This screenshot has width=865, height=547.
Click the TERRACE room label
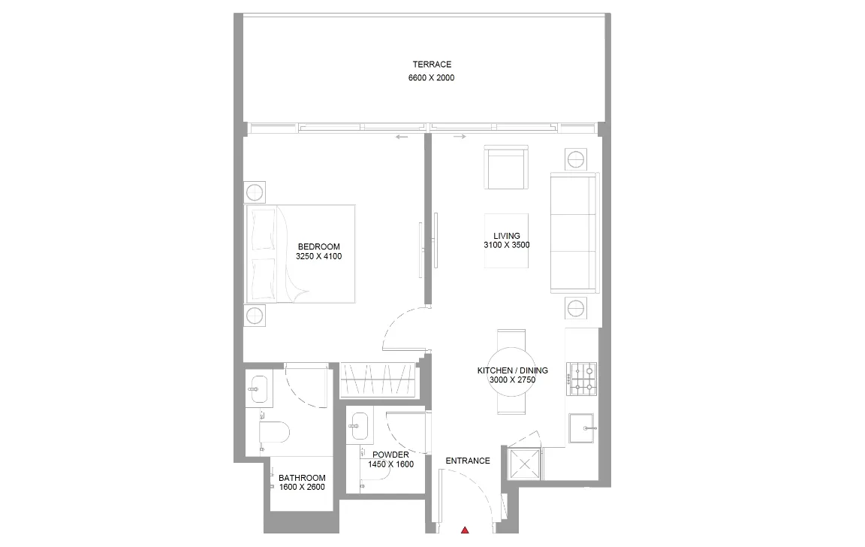[x=432, y=65]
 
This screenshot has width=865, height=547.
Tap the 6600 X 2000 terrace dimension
[x=432, y=78]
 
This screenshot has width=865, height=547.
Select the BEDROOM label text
[x=319, y=246]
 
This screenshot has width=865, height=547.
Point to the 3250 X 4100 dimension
[x=319, y=256]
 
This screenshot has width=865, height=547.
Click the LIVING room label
[x=507, y=236]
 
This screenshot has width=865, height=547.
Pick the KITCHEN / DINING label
[x=513, y=370]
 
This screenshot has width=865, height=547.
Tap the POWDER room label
[x=390, y=455]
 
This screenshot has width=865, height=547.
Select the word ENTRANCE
[x=468, y=461]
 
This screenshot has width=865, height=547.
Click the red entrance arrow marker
[x=466, y=530]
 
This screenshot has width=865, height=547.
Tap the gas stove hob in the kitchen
[x=583, y=379]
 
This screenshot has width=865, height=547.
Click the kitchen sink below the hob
[x=583, y=428]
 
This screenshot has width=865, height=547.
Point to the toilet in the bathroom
[x=273, y=433]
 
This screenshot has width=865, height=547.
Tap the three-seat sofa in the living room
[x=574, y=232]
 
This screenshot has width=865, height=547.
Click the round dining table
[x=513, y=370]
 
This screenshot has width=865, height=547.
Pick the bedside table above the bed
[x=255, y=192]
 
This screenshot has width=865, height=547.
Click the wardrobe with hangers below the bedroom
[x=377, y=379]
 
